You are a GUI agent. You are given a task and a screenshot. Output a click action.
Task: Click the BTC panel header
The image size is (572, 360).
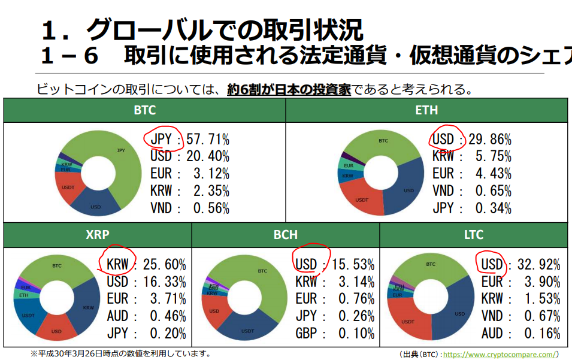(x=144, y=110)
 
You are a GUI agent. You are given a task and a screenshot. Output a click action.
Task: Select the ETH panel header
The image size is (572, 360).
(x=426, y=110)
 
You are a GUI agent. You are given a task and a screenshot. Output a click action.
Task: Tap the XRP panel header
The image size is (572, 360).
(x=98, y=235)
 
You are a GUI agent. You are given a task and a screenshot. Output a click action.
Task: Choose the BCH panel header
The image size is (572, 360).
(x=285, y=235)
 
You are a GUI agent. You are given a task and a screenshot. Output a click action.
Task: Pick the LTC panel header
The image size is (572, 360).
(x=473, y=235)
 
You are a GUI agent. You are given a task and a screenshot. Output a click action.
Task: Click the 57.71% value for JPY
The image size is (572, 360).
(x=208, y=140)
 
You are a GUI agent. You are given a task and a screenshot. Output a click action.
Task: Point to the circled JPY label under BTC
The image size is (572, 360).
(x=162, y=140)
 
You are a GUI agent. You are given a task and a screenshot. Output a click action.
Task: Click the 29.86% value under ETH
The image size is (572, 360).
(x=490, y=140)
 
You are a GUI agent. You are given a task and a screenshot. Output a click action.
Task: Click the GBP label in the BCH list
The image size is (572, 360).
(x=306, y=334)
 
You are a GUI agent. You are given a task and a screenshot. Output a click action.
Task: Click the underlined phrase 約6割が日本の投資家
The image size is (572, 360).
(x=289, y=90)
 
